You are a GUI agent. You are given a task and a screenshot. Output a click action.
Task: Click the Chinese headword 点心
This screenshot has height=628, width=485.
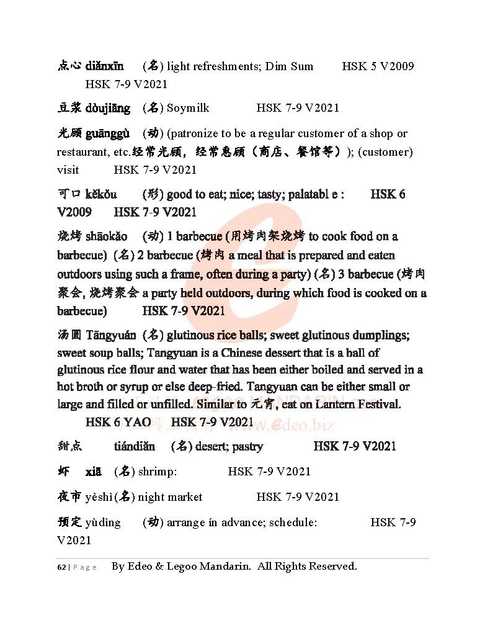point(69,66)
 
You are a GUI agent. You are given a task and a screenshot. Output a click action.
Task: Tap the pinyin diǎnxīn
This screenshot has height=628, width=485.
point(104,66)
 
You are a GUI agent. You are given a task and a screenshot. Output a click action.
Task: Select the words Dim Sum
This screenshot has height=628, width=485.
point(289,66)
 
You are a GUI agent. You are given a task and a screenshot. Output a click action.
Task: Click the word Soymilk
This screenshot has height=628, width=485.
point(188,108)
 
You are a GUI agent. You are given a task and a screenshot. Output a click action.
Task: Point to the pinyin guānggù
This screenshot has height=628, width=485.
point(107,133)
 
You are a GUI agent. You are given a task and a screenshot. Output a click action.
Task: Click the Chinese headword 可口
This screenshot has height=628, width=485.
point(69,194)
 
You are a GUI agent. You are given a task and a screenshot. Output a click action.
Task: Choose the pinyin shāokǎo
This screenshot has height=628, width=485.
point(107,236)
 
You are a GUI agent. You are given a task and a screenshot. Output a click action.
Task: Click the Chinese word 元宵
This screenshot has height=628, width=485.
point(266,405)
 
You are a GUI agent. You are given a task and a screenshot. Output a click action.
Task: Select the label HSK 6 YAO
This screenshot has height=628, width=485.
point(118,423)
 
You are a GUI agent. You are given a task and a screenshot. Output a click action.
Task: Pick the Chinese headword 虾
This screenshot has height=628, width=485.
point(63,472)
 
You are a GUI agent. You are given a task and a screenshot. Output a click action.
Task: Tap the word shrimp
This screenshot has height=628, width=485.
point(157,472)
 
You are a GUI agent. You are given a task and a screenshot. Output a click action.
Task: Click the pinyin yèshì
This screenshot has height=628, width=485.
point(101,497)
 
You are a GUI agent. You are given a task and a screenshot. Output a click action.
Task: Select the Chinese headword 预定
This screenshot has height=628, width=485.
point(69,523)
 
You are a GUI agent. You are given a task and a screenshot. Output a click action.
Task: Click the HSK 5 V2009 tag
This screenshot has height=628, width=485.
point(378,66)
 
